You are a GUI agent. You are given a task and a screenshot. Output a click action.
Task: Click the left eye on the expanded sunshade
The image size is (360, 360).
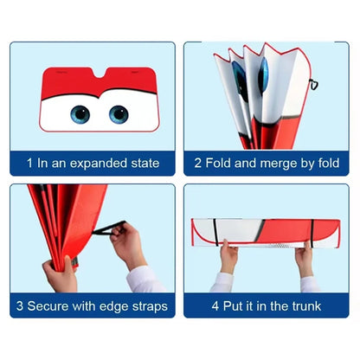80,113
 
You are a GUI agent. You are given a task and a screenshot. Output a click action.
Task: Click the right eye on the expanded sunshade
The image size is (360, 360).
119,113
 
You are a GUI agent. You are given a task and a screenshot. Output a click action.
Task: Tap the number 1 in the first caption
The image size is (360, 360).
30,162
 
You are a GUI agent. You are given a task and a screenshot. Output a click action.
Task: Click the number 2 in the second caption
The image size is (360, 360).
199,162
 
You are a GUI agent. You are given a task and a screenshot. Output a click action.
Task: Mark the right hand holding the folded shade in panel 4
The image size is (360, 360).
305,257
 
